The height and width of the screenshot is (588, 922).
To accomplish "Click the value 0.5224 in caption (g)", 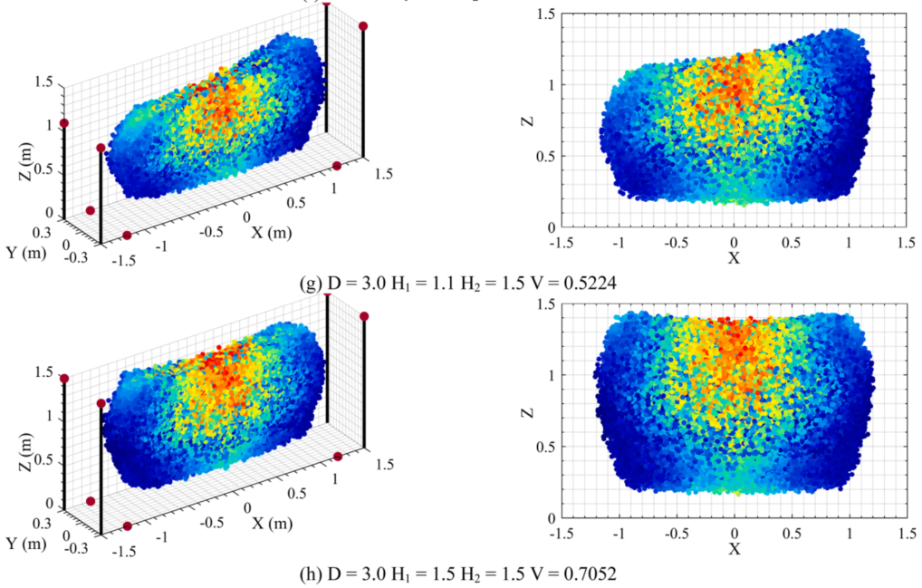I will pyautogui.click(x=591, y=284).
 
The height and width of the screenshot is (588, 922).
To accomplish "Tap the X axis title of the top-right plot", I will pyautogui.click(x=734, y=258).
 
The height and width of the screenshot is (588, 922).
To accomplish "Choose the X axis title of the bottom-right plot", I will pyautogui.click(x=734, y=549).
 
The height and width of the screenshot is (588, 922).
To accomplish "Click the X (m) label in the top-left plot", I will pyautogui.click(x=272, y=232).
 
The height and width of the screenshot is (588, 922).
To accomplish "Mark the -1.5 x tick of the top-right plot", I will pyautogui.click(x=562, y=242).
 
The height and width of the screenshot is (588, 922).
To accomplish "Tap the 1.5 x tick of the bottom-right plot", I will pyautogui.click(x=905, y=533).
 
